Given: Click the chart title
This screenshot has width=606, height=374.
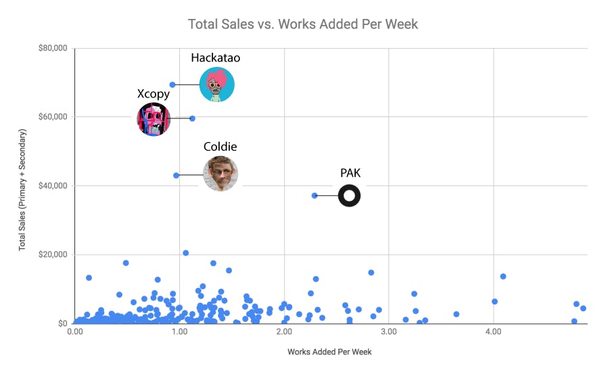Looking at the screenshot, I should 303,24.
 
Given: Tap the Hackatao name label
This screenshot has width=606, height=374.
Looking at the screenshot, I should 215,58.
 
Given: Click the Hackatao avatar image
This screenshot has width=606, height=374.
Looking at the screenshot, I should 216,85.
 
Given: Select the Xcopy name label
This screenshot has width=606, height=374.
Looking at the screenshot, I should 154,94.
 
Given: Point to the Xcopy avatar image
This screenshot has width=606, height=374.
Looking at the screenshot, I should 154,119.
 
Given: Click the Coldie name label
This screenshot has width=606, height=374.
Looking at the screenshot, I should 220,147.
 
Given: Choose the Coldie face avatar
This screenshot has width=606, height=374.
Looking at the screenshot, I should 220,174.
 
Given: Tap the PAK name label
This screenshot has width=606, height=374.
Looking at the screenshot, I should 350,173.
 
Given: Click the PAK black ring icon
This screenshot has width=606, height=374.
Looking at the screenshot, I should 349,196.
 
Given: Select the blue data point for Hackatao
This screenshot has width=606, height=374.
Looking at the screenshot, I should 172,85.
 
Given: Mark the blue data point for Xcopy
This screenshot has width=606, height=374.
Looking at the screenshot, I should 192,118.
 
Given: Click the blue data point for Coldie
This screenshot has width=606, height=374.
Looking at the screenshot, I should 176,175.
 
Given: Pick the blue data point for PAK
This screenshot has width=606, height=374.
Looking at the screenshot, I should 314,195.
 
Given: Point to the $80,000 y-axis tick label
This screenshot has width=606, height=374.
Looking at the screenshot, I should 52,49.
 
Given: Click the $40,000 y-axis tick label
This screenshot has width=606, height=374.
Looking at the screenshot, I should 52,186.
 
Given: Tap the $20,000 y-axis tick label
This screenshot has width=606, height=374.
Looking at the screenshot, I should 52,255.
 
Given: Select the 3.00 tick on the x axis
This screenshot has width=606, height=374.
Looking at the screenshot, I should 388,333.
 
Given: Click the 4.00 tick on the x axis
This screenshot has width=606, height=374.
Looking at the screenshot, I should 493,333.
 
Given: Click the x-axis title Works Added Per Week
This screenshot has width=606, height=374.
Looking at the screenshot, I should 329,352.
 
